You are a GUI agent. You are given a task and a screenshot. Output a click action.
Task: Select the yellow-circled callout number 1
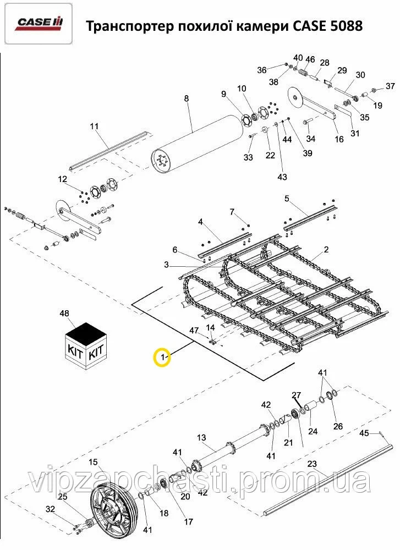point(163,358)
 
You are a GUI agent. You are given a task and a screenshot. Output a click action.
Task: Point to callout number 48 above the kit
point(64,313)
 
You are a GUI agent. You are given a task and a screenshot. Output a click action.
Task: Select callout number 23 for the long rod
point(312,464)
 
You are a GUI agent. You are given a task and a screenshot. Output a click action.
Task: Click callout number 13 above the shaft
point(201,438)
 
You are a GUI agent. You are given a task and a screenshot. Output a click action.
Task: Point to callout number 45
point(364,433)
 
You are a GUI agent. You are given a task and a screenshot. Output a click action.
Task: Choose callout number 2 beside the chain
point(326,250)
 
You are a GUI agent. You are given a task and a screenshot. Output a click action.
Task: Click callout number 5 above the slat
point(287,197)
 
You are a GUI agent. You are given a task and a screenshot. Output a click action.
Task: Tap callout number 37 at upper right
point(390,86)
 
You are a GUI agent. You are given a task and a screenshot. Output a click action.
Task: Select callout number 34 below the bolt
point(311,137)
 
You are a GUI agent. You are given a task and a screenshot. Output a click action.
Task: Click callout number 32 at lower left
point(51,509)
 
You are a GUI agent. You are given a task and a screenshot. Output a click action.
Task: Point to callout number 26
point(338,426)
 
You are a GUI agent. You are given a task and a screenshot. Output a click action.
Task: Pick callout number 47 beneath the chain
point(194,329)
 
